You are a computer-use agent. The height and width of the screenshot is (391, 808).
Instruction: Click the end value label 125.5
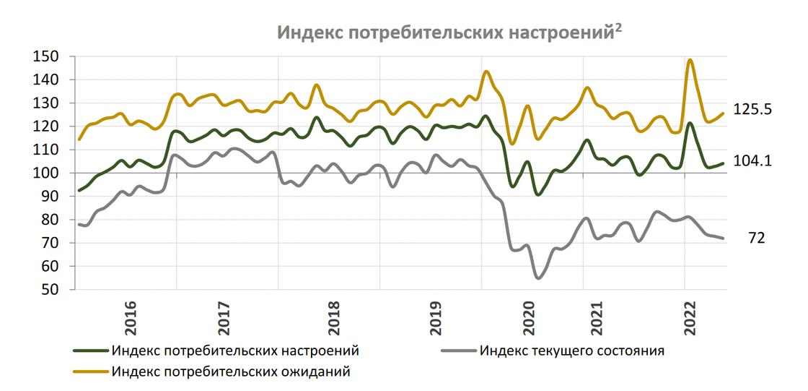[x=753, y=110]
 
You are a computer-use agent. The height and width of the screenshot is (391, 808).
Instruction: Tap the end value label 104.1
[x=753, y=162]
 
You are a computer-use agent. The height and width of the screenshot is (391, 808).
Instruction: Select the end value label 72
[x=756, y=237]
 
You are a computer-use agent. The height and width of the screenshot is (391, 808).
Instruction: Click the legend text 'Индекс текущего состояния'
[x=571, y=352]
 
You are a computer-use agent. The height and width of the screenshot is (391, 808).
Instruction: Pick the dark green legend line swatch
[x=91, y=352]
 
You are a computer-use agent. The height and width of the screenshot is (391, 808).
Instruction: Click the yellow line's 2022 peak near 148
[x=690, y=60]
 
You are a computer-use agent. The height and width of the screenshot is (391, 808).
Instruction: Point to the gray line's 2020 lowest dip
[x=538, y=278]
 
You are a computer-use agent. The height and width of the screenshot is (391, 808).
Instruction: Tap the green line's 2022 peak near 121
[x=690, y=123]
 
